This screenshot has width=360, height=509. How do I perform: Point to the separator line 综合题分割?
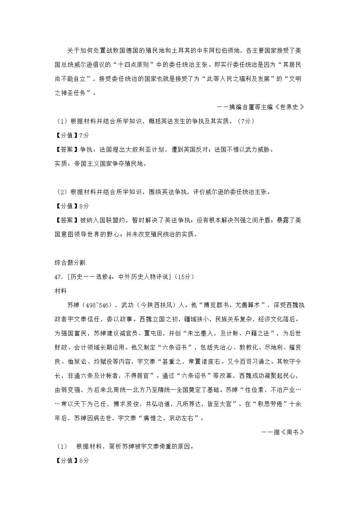[x=70, y=262]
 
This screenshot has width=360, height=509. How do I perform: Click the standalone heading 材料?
[x=61, y=291]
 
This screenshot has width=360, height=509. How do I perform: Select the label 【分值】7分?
[x=71, y=135]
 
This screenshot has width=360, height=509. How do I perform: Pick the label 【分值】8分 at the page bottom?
[x=71, y=460]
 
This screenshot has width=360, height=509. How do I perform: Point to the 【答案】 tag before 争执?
[x=65, y=149]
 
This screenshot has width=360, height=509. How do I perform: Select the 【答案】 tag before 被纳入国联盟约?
[x=65, y=220]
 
